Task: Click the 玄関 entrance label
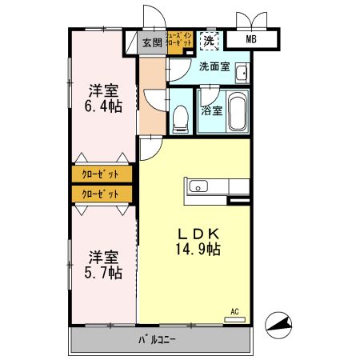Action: tap(151, 43)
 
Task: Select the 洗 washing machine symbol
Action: tap(208, 39)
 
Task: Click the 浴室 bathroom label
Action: tap(212, 112)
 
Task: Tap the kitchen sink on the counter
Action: tap(198, 187)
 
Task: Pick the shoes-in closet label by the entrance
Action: tap(177, 41)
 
